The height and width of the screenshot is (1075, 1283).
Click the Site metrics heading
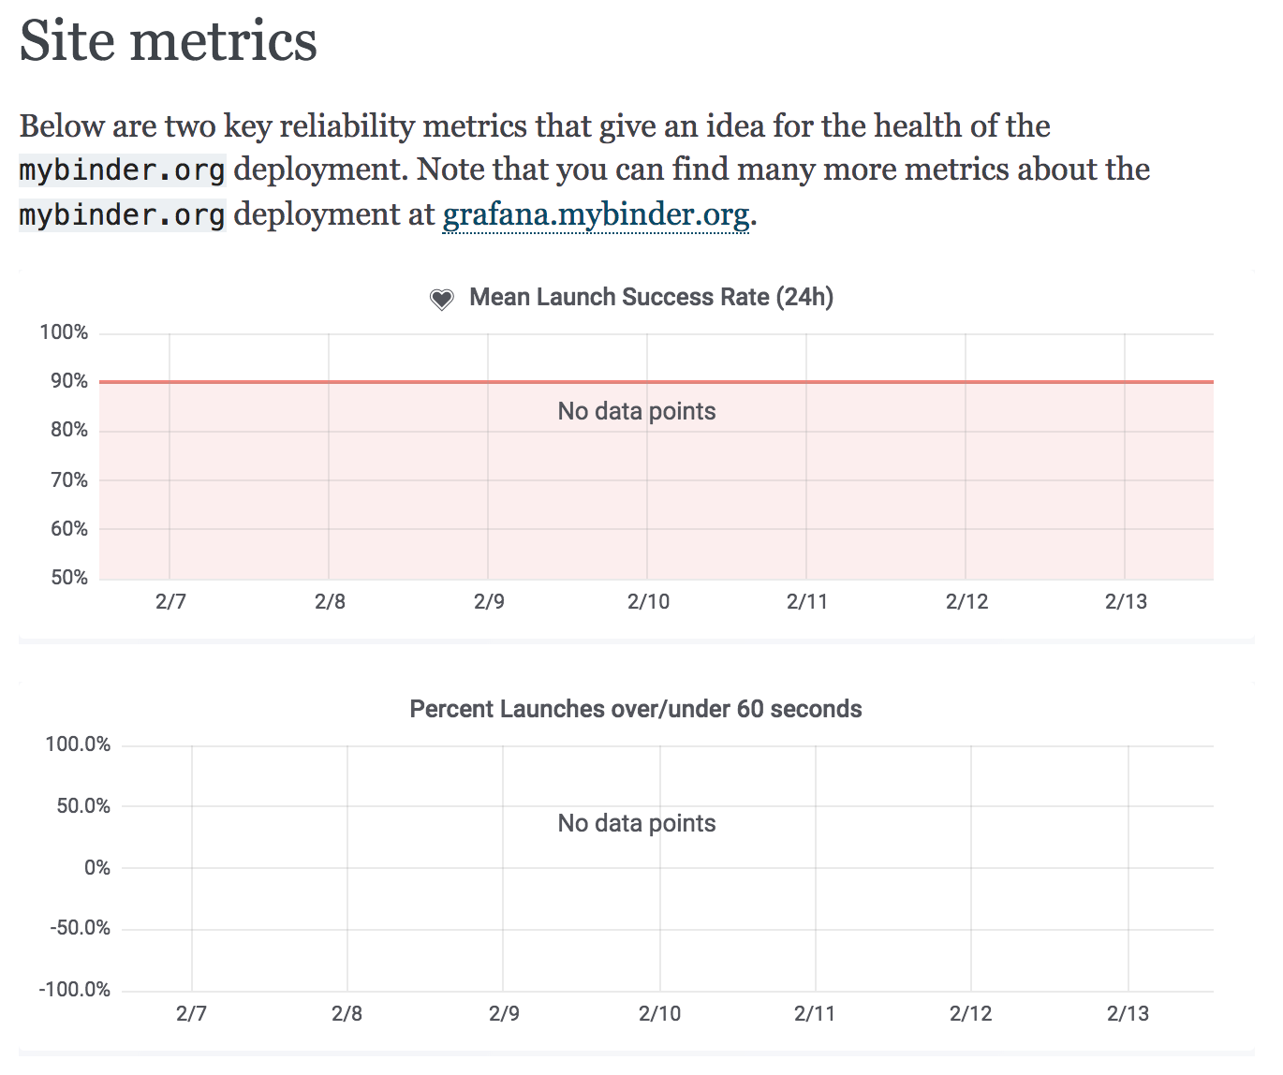[169, 41]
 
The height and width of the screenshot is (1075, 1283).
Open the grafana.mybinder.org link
[596, 214]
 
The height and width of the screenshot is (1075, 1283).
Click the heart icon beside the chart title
[441, 299]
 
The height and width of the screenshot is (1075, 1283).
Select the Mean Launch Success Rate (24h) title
[651, 297]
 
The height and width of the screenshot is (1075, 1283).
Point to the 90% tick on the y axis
[69, 381]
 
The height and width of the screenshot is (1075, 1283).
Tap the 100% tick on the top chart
[64, 332]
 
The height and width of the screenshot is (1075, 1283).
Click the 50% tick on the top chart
[69, 577]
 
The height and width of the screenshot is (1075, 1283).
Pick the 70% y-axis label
[69, 479]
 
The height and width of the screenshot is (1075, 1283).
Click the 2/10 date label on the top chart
[648, 601]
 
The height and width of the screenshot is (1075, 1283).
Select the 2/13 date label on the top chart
[1126, 601]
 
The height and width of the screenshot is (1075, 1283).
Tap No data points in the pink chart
[637, 411]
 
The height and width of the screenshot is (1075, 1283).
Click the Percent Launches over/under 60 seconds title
[636, 709]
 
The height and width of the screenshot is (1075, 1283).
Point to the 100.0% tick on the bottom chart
[78, 744]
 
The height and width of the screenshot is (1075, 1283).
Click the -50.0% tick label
[80, 928]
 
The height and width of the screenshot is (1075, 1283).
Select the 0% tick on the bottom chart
[97, 867]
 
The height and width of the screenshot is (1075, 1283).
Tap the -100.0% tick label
[75, 990]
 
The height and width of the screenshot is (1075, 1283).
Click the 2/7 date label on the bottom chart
[191, 1013]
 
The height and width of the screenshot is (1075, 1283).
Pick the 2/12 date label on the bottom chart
[970, 1013]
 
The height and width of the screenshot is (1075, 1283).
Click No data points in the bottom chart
[637, 823]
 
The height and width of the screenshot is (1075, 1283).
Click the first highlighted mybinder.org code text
[122, 170]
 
